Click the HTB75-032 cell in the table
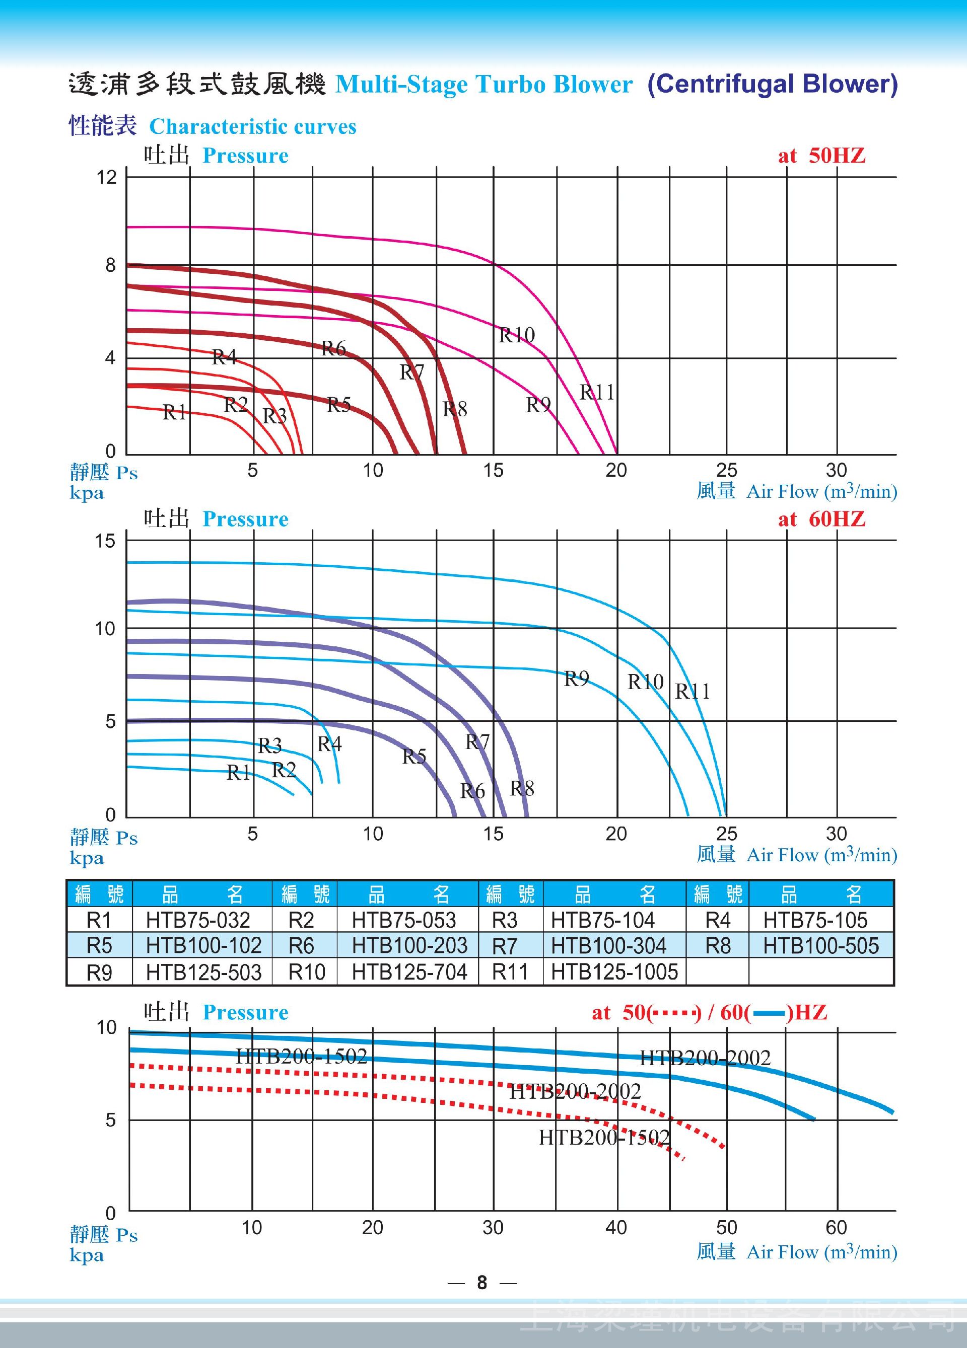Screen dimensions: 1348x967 [198, 920]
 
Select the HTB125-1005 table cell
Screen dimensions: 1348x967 [614, 972]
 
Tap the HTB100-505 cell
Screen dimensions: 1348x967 [821, 946]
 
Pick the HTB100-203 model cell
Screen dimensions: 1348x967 [409, 946]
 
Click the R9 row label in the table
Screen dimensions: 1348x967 [99, 972]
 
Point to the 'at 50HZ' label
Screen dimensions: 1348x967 [821, 156]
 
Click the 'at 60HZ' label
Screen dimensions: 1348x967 [821, 519]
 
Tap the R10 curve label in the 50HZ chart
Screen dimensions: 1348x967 [516, 335]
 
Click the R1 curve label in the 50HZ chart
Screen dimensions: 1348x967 [175, 412]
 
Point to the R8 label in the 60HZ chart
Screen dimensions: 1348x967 [522, 789]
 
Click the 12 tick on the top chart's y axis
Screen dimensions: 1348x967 [107, 177]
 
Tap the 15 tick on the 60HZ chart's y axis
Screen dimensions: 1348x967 [105, 541]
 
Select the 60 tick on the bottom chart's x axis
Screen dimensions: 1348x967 [836, 1227]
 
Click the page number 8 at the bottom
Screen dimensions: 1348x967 [481, 1283]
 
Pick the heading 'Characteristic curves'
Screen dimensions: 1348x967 [253, 127]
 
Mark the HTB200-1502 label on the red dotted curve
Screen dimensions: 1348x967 [604, 1138]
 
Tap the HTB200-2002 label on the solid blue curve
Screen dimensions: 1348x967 [705, 1058]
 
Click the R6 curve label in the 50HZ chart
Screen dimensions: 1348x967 [333, 348]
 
